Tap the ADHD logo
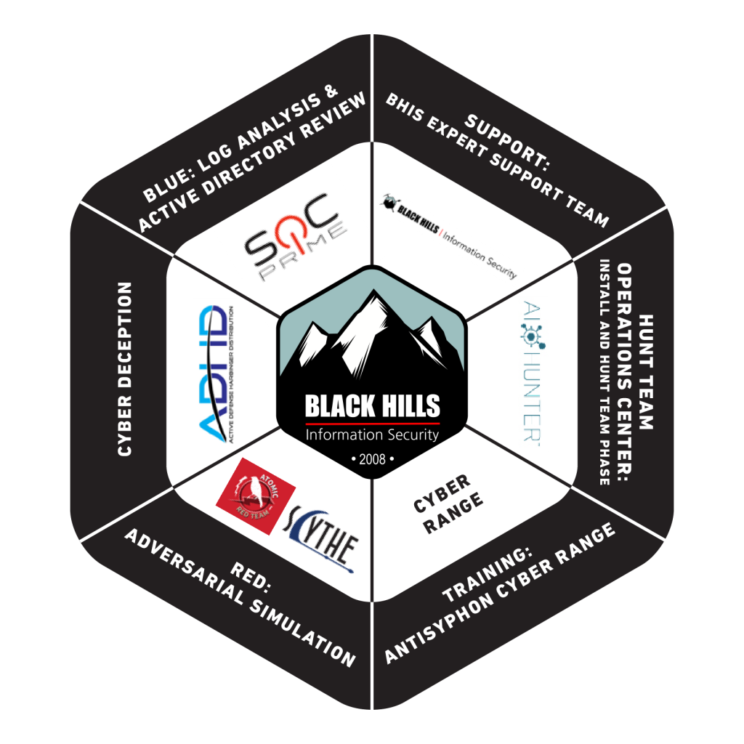click(x=215, y=373)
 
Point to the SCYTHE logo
click(x=320, y=538)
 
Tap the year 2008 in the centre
click(x=372, y=460)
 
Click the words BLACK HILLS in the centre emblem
click(x=372, y=406)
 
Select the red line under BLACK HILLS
click(x=372, y=422)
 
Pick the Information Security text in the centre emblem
click(x=372, y=435)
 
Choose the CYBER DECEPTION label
click(x=125, y=368)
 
